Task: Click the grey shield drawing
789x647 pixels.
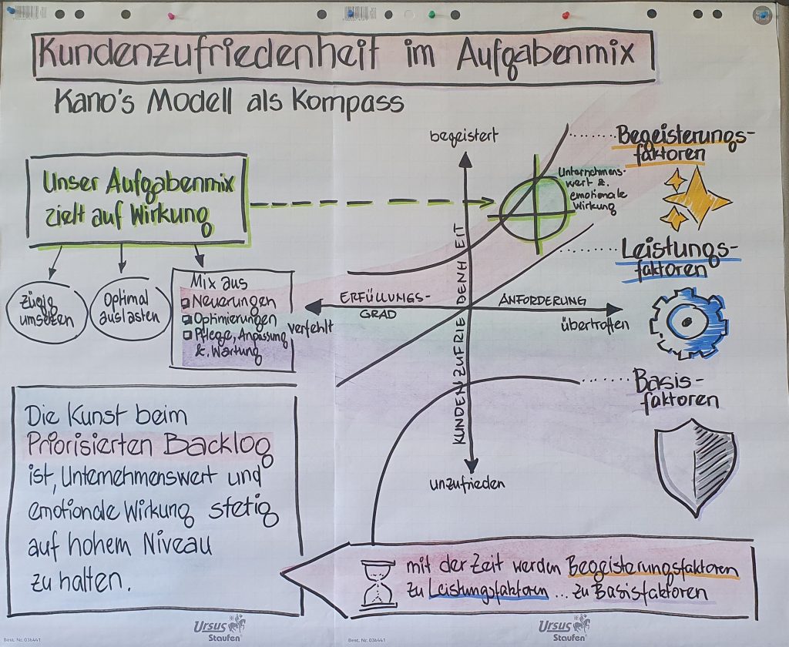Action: pos(696,466)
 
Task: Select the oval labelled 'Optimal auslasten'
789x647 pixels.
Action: pos(129,307)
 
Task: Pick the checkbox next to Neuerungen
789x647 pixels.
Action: pos(185,300)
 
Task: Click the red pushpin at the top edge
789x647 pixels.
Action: pos(566,14)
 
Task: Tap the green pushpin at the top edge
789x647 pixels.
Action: pos(432,14)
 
